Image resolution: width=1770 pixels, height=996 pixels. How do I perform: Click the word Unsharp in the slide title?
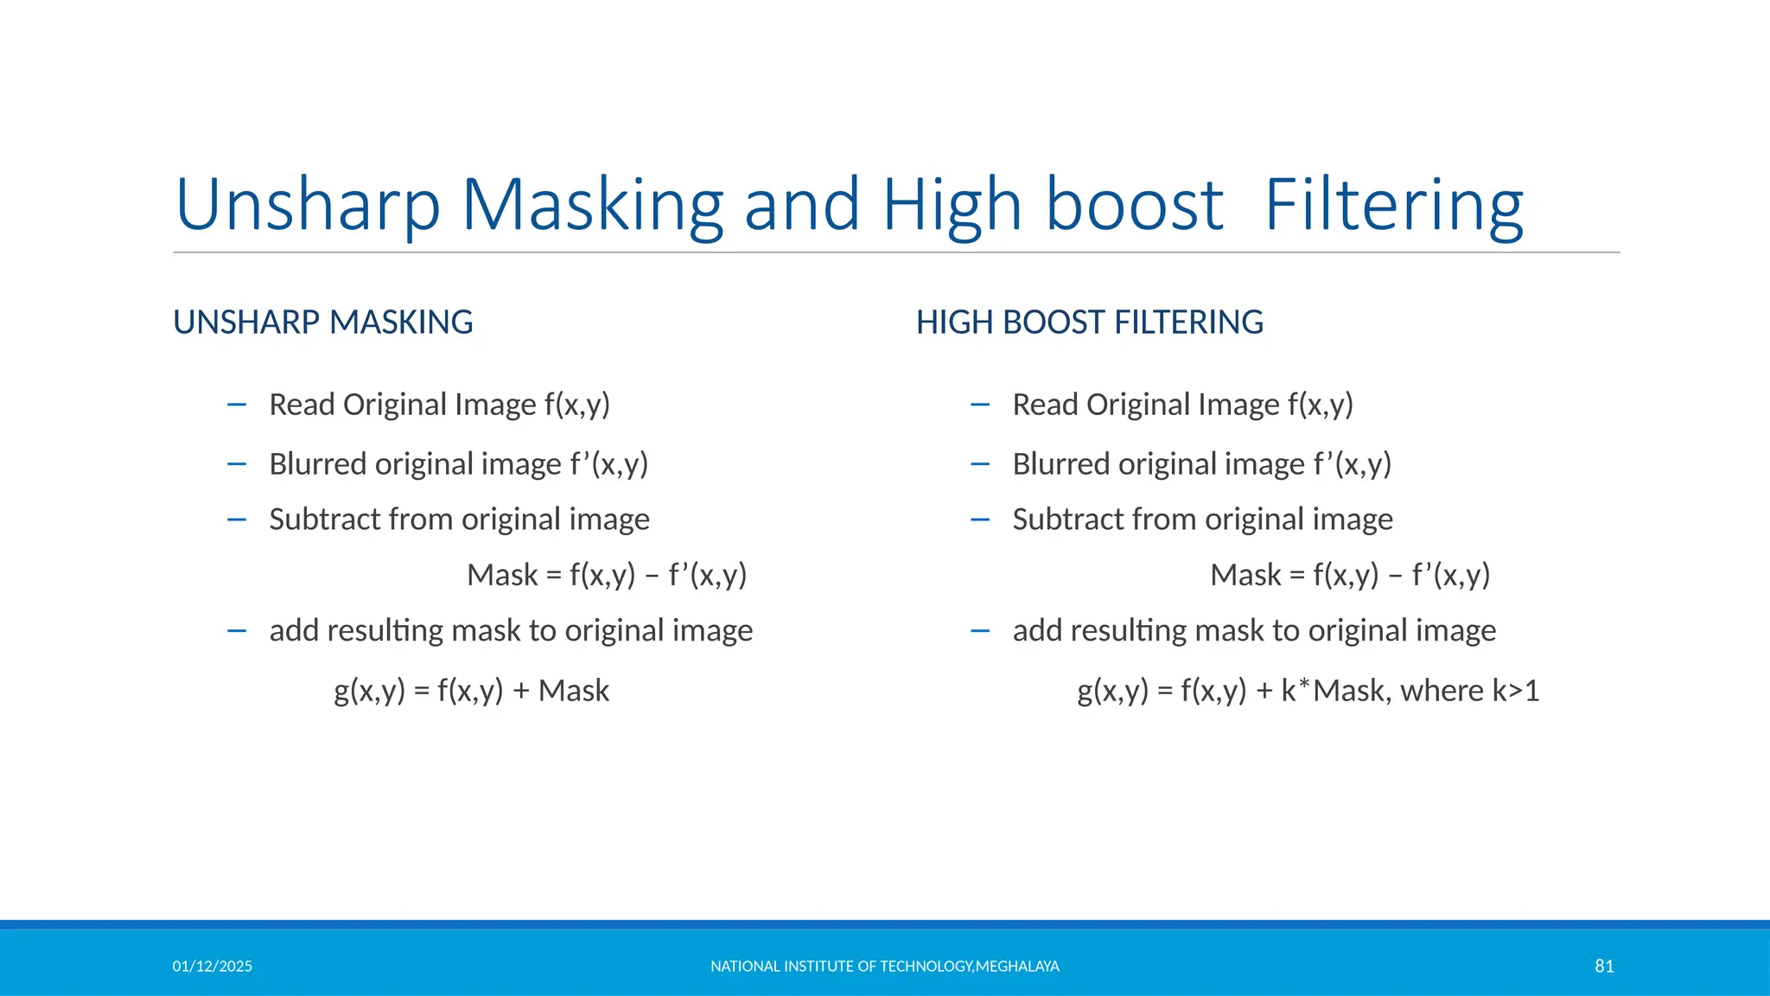pos(308,205)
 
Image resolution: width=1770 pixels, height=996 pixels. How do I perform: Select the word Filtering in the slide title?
pos(1393,205)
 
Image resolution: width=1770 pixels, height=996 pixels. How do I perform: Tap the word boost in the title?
pos(1134,205)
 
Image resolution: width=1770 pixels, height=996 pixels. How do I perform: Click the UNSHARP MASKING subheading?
pos(323,322)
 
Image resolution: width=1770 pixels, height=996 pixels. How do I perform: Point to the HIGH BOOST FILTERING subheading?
pos(1089,322)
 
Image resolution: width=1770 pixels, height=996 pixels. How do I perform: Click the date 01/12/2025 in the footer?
pos(213,967)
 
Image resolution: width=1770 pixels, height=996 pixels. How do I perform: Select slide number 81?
pos(1604,967)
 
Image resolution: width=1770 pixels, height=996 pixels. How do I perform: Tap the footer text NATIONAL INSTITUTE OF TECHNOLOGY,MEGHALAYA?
pos(884,967)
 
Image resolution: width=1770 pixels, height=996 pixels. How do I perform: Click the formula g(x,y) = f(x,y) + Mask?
pos(472,691)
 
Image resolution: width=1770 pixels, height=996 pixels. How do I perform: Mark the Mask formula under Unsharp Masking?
pos(607,575)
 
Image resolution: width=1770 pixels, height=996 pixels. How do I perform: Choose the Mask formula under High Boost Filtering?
pos(1350,575)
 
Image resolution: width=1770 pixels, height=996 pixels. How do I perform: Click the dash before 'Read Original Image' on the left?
pos(237,405)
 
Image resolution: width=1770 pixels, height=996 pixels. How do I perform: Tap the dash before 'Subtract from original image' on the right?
pos(980,520)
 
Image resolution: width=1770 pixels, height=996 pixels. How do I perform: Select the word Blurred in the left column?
pos(317,464)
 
